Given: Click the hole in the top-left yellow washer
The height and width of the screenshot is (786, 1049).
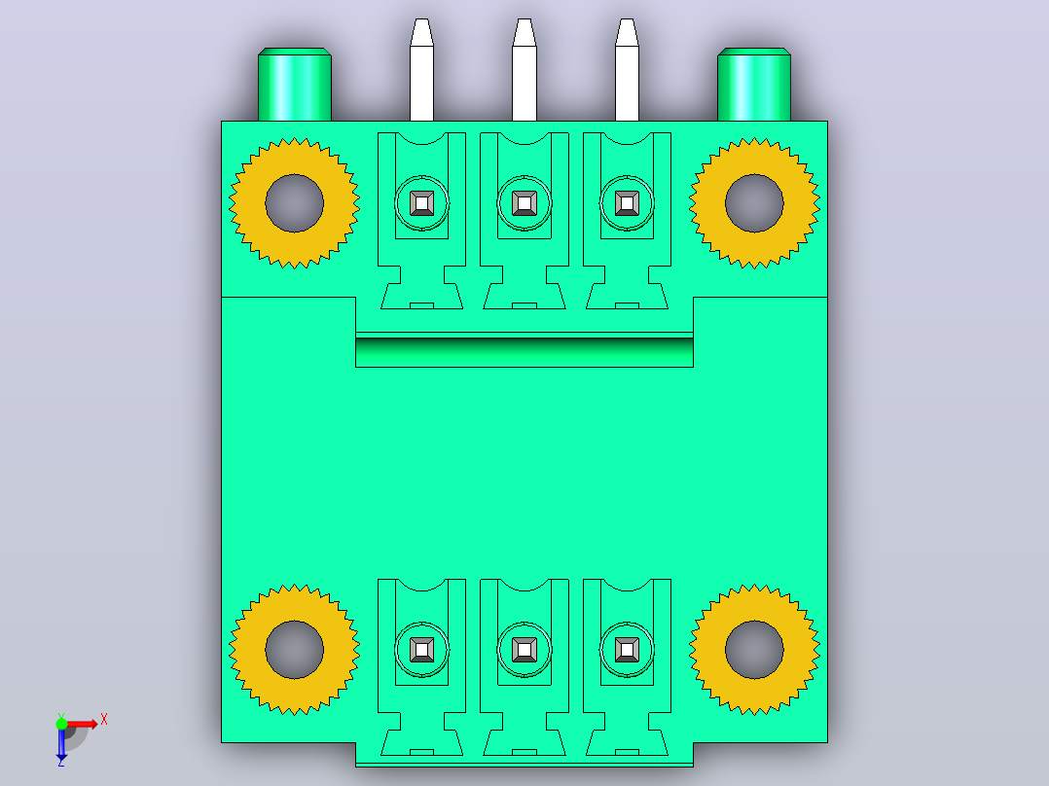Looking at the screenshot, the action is [x=294, y=203].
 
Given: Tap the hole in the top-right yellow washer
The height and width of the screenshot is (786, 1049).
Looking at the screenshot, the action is [x=755, y=203].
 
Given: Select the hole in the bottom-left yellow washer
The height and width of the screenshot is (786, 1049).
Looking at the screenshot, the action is [x=294, y=650].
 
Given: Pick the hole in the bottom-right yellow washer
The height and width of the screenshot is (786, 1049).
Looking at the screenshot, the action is [x=755, y=650].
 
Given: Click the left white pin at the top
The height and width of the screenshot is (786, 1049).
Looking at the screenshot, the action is [x=421, y=70].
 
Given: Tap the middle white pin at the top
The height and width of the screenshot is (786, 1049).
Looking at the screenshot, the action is [x=524, y=70].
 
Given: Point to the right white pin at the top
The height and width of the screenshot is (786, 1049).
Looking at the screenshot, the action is [x=627, y=70].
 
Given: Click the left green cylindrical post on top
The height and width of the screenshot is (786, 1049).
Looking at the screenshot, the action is [x=294, y=85].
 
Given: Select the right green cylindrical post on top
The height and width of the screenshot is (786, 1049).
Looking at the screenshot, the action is [x=754, y=85].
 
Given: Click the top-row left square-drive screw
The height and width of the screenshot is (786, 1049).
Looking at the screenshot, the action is [x=421, y=203].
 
